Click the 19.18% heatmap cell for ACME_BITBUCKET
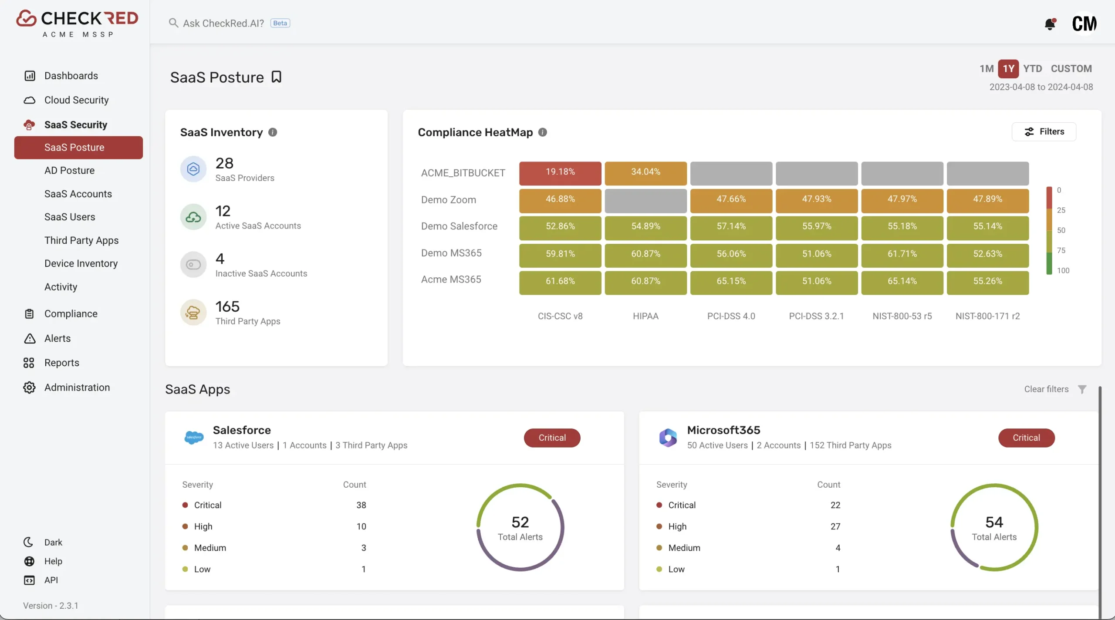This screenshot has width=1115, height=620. [x=560, y=173]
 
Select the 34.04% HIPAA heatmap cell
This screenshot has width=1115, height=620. [x=645, y=173]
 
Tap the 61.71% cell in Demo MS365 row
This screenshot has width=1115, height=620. [x=902, y=255]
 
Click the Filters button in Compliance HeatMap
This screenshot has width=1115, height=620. [x=1044, y=131]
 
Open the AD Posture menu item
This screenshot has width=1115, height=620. [x=69, y=170]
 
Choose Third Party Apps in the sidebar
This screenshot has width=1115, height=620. [x=81, y=240]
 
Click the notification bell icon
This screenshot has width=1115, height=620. [x=1050, y=24]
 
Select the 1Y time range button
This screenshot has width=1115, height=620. [x=1008, y=69]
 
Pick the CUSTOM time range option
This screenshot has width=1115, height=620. [x=1071, y=69]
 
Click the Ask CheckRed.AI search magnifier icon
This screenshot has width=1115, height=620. [x=173, y=23]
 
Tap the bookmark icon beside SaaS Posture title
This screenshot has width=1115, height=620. [x=277, y=77]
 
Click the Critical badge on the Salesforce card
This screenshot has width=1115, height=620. [x=552, y=438]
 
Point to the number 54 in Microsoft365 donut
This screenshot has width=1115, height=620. [x=994, y=522]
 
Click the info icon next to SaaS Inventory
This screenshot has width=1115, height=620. [x=273, y=132]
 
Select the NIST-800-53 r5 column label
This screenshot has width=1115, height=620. [x=902, y=316]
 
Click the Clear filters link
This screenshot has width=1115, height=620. [x=1046, y=389]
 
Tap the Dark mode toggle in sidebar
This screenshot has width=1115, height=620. [x=43, y=542]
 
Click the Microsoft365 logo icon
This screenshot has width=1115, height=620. [x=668, y=438]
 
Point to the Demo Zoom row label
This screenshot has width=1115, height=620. [x=448, y=200]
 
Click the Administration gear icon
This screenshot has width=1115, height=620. [x=29, y=387]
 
